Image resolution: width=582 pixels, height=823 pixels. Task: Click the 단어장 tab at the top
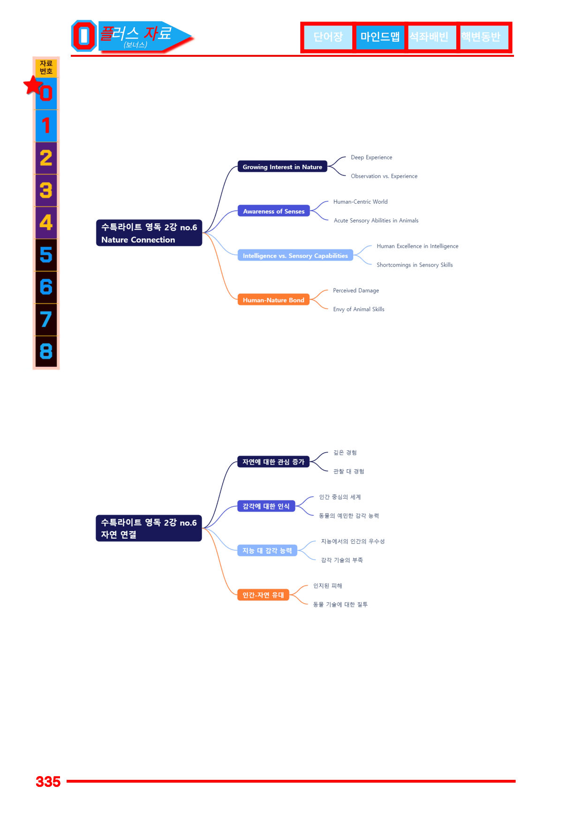coord(328,37)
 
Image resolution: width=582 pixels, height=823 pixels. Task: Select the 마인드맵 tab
coord(380,37)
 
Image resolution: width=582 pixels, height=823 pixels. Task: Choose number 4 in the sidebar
coord(46,222)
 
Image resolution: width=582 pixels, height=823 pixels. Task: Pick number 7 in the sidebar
coord(46,320)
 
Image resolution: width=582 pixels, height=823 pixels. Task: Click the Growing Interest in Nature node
coord(282,167)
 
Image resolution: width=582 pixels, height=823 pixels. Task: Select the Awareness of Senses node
coord(274,211)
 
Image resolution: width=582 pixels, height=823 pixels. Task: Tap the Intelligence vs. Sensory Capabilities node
coord(295,256)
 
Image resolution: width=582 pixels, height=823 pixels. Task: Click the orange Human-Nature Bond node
coord(273,300)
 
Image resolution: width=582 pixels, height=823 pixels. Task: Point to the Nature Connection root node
coord(149,233)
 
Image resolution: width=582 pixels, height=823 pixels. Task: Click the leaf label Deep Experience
coord(371,158)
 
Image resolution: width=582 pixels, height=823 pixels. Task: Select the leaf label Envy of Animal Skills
coord(359,309)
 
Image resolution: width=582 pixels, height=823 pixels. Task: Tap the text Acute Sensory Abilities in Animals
coord(376,221)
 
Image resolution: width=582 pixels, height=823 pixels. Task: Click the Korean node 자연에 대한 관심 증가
coord(273,462)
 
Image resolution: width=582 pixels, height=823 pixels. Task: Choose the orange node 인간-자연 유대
coord(263,595)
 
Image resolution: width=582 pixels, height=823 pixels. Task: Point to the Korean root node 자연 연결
coord(149,528)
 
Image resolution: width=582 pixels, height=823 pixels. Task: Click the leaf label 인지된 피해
coord(328,586)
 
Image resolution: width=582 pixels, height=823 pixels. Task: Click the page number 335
coord(48,782)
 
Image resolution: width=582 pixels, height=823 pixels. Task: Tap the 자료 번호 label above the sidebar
coord(46,68)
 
